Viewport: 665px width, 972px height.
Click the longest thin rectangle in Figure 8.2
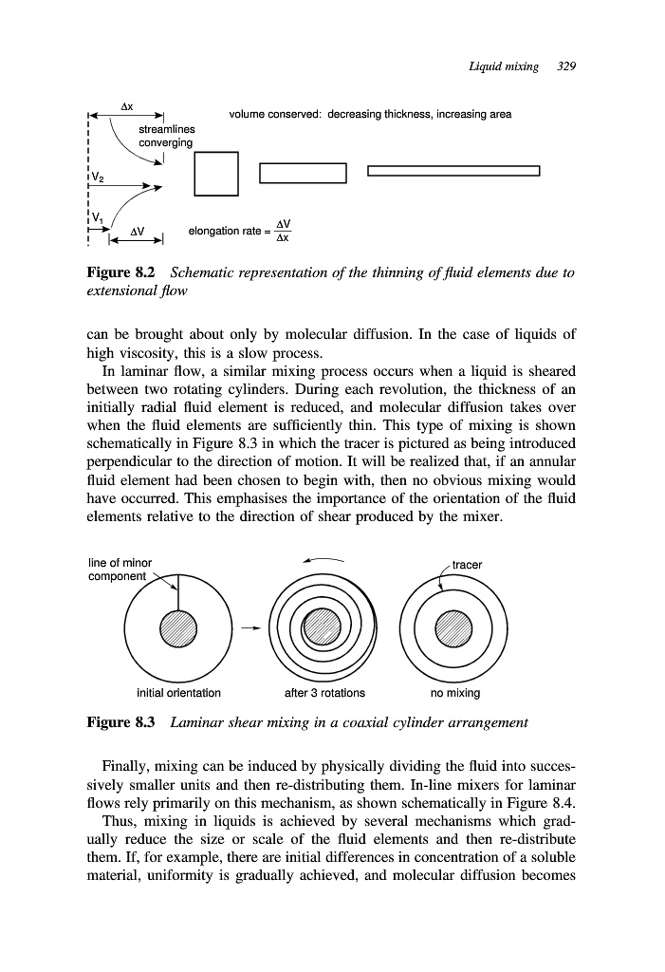453,172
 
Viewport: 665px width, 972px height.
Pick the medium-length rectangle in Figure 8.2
303,173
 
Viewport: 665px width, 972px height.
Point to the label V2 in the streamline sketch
100,178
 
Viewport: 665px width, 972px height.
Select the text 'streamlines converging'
166,136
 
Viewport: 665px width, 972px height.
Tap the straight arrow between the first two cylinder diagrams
249,628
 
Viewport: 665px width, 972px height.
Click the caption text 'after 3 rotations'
324,692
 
